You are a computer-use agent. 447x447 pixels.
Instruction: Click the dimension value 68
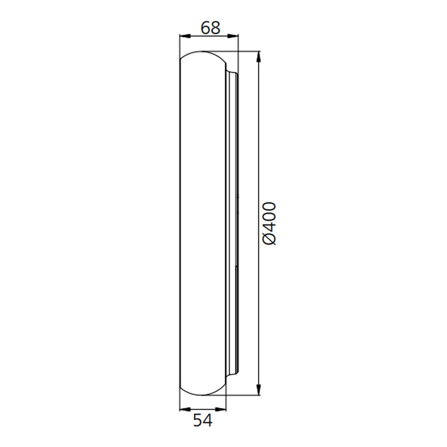click(210, 28)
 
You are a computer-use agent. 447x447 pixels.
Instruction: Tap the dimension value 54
click(203, 420)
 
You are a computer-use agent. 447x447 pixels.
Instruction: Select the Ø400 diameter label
click(269, 223)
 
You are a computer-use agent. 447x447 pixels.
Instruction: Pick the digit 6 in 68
click(206, 28)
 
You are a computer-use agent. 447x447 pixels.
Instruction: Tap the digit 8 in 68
click(216, 28)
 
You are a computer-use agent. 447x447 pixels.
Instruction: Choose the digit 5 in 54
click(198, 420)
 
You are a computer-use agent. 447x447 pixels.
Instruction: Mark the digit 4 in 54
click(208, 420)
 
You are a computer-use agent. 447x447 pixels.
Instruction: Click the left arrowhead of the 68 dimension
click(185, 36)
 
